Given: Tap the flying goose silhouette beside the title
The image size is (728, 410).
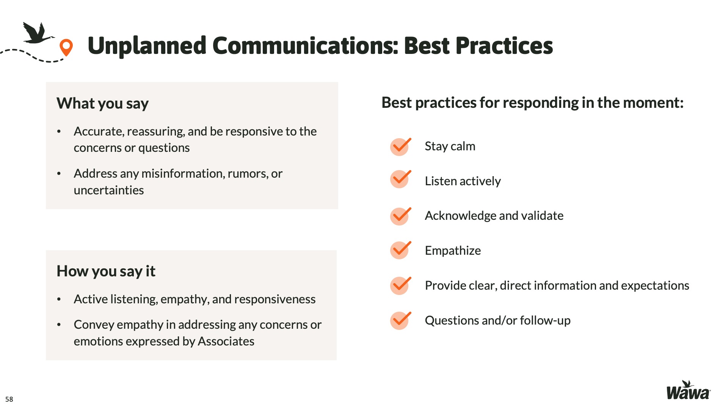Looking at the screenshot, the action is click(x=38, y=33).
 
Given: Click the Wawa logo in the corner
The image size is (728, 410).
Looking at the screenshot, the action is click(x=688, y=390).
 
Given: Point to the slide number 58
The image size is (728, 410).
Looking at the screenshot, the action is click(x=9, y=399).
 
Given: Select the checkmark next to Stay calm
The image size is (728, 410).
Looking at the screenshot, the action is click(x=400, y=147).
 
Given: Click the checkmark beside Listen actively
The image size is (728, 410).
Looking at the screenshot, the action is click(x=400, y=179).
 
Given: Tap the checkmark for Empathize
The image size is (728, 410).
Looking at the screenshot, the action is click(x=400, y=250).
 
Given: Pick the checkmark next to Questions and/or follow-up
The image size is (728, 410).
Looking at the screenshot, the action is click(x=400, y=320).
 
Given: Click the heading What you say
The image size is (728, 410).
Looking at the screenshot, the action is click(x=102, y=104).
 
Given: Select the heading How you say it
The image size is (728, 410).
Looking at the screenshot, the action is click(x=106, y=271).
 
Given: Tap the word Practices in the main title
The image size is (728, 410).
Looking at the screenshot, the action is click(x=504, y=46).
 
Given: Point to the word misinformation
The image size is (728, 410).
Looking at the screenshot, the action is click(x=183, y=173).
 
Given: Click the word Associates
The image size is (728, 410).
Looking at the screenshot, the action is click(x=226, y=341).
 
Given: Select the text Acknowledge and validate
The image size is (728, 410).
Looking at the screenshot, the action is click(x=494, y=216).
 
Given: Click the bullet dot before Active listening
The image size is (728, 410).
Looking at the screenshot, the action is click(x=59, y=300).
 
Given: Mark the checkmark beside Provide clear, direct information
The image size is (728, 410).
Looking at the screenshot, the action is click(x=400, y=285).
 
